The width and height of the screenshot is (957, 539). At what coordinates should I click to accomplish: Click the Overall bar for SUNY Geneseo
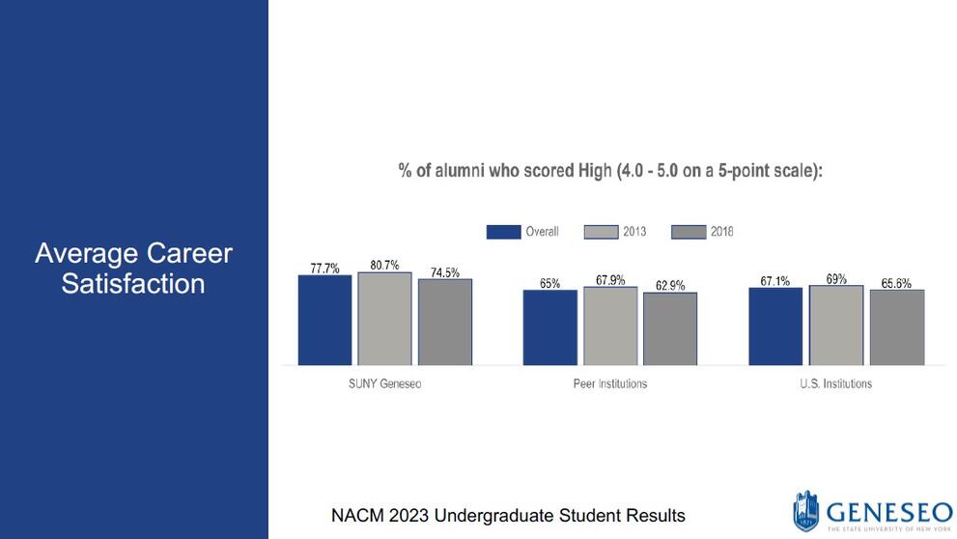pos(324,320)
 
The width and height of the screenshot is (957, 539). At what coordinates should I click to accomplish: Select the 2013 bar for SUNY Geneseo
pos(384,319)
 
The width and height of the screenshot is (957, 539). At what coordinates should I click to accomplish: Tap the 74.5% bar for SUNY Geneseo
pos(444,322)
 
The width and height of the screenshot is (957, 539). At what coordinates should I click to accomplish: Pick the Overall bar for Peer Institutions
pos(550,327)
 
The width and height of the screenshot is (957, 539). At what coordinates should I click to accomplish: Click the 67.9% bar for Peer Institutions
pos(610,326)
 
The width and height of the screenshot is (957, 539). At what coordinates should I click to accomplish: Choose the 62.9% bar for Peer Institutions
pos(670,328)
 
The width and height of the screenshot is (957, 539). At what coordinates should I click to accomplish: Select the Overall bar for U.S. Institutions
pos(775,326)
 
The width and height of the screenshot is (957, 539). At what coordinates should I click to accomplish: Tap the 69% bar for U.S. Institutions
pos(836,325)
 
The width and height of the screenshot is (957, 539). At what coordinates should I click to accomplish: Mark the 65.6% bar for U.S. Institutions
pos(896,327)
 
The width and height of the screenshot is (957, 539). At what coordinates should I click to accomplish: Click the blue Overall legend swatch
pos(503,232)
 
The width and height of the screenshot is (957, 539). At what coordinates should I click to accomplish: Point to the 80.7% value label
pos(384,265)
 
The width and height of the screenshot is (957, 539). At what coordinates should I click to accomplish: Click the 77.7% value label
pos(324,269)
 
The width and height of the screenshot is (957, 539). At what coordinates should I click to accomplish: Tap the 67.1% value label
pos(775,281)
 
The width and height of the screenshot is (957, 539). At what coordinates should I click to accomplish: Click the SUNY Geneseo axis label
pos(384,383)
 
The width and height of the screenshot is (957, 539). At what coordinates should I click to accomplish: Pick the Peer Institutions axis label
pos(610,383)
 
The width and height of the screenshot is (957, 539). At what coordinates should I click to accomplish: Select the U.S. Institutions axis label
pos(836,383)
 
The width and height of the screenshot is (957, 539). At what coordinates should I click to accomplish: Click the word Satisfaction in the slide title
pos(133,284)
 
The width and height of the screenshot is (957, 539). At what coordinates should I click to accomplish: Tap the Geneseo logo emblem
pos(805,511)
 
